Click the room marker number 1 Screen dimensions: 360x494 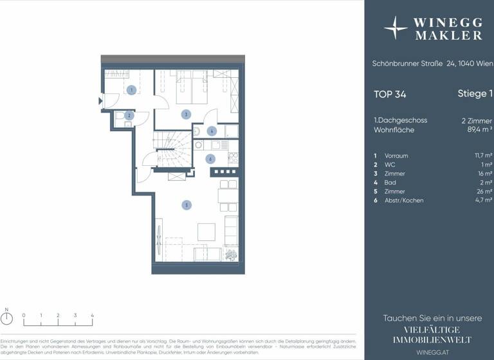click(x=131, y=91)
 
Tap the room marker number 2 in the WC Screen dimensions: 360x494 click(x=129, y=116)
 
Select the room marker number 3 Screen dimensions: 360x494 click(x=185, y=114)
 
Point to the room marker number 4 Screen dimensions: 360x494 click(x=212, y=130)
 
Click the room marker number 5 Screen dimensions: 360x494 click(x=187, y=205)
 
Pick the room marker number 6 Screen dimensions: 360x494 click(x=210, y=158)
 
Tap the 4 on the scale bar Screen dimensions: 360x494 click(x=93, y=316)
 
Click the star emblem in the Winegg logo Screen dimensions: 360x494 click(x=395, y=28)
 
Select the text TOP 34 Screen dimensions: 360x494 click(x=390, y=94)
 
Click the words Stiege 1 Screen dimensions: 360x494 click(x=475, y=94)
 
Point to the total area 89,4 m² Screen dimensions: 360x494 click(x=478, y=130)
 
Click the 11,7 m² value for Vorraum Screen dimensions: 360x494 click(x=483, y=156)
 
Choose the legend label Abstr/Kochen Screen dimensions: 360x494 click(x=404, y=201)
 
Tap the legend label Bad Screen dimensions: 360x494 click(x=390, y=183)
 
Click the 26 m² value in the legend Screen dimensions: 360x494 click(x=484, y=192)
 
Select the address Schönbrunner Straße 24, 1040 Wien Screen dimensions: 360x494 click(x=432, y=63)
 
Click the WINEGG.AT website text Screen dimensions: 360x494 click(x=432, y=352)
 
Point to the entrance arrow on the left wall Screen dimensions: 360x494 click(x=100, y=100)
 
